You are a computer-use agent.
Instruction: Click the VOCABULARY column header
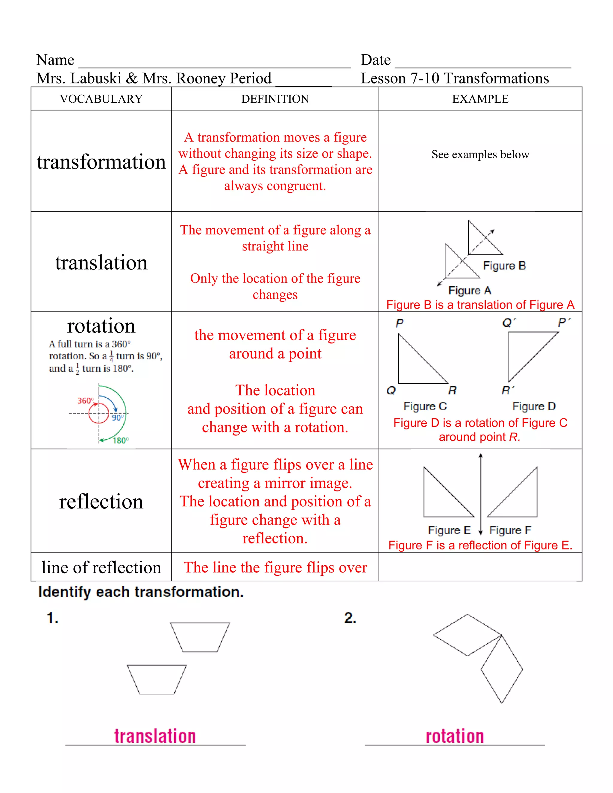click(101, 99)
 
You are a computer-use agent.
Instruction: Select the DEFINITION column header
click(275, 99)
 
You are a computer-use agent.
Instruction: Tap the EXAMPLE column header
click(480, 99)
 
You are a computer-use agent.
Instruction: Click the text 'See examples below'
click(480, 154)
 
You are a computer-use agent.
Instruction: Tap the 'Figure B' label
click(504, 265)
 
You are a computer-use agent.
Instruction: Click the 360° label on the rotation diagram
click(85, 400)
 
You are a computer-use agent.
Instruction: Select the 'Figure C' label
click(425, 406)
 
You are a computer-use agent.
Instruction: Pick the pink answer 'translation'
click(155, 736)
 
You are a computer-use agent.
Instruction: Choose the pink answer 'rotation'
click(455, 736)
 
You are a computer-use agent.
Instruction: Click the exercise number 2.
click(350, 618)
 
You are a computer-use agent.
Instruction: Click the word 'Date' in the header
click(376, 60)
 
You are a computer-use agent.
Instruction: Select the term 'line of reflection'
click(101, 567)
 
